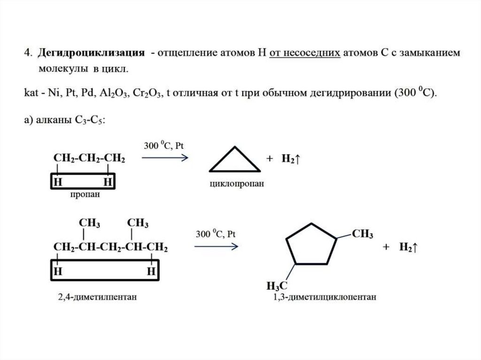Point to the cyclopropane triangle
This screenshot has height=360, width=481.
pos(234,161)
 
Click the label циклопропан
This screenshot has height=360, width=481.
pos(237,184)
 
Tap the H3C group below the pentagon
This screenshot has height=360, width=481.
pos(277,285)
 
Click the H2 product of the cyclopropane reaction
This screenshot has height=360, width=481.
pos(290,159)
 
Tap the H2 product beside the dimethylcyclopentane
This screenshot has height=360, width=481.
pos(408,247)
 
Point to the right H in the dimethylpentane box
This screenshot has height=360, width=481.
pos(151,271)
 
